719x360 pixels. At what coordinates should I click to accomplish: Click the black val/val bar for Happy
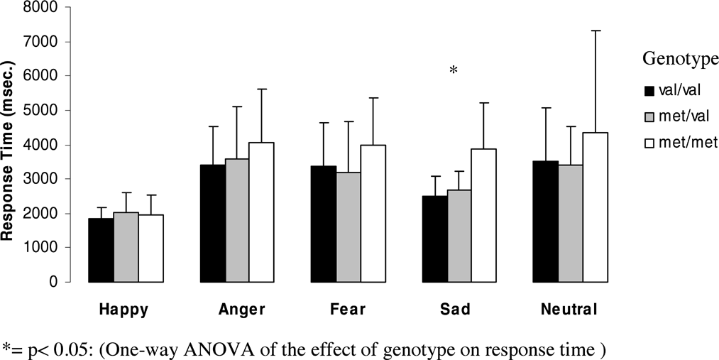pos(101,250)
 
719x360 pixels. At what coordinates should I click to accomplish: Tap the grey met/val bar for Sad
pos(460,236)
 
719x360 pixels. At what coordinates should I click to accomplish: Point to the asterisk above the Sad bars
pos(454,70)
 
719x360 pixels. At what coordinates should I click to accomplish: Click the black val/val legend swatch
pos(649,91)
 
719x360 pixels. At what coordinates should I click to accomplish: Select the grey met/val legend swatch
pos(649,116)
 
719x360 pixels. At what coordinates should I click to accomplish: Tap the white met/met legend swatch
pos(649,143)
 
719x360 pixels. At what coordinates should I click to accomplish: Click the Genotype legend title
pos(680,60)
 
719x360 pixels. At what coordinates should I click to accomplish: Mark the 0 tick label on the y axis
pos(55,282)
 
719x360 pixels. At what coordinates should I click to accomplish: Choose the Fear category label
pos(348,310)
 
